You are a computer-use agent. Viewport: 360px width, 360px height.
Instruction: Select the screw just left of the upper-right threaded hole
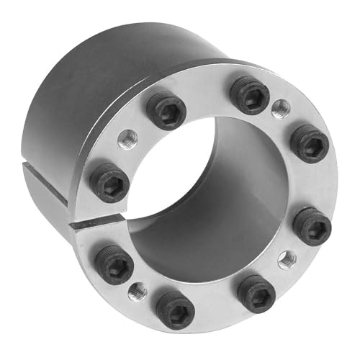[x=249, y=95]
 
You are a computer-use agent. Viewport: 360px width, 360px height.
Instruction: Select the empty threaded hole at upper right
[x=280, y=110]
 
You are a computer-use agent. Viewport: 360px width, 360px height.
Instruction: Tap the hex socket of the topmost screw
[x=249, y=95]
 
